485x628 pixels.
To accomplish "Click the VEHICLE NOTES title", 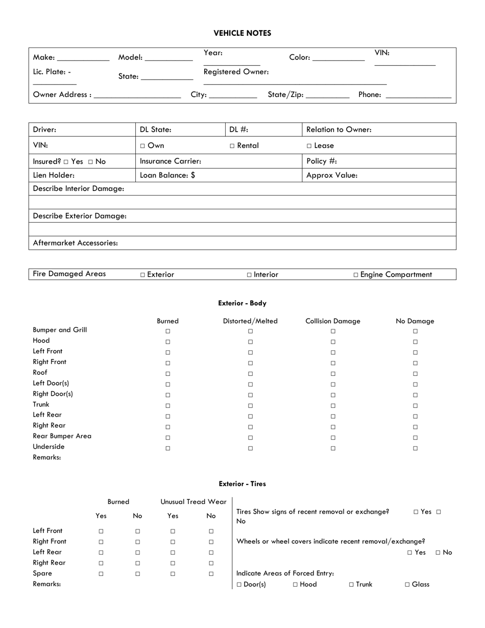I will [x=242, y=33].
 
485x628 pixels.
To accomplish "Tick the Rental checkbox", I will [x=232, y=146].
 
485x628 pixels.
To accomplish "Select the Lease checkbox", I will [x=309, y=146].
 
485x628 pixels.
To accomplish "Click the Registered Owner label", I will [x=236, y=72].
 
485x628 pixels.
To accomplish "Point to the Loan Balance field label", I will [x=167, y=175].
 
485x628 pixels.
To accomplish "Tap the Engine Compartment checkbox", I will [x=356, y=275].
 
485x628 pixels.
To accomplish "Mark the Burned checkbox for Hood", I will [x=167, y=342].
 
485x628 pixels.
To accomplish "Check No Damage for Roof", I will [x=415, y=374].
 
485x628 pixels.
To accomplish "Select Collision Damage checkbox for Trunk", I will [x=333, y=406].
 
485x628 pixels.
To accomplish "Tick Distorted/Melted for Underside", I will [x=250, y=448].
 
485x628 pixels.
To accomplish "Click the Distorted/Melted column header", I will [x=250, y=321].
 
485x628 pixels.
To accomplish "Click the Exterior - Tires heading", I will [x=242, y=484].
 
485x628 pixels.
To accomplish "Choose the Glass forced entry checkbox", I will [x=407, y=585].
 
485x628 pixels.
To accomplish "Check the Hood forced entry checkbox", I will [x=296, y=585].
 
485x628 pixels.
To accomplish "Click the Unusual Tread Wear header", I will [x=193, y=502].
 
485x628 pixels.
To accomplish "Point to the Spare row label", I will [x=43, y=573].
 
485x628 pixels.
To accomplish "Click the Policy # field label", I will [x=322, y=161].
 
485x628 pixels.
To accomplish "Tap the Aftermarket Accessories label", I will [x=75, y=243].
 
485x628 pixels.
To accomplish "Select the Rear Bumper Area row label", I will [x=62, y=436].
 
